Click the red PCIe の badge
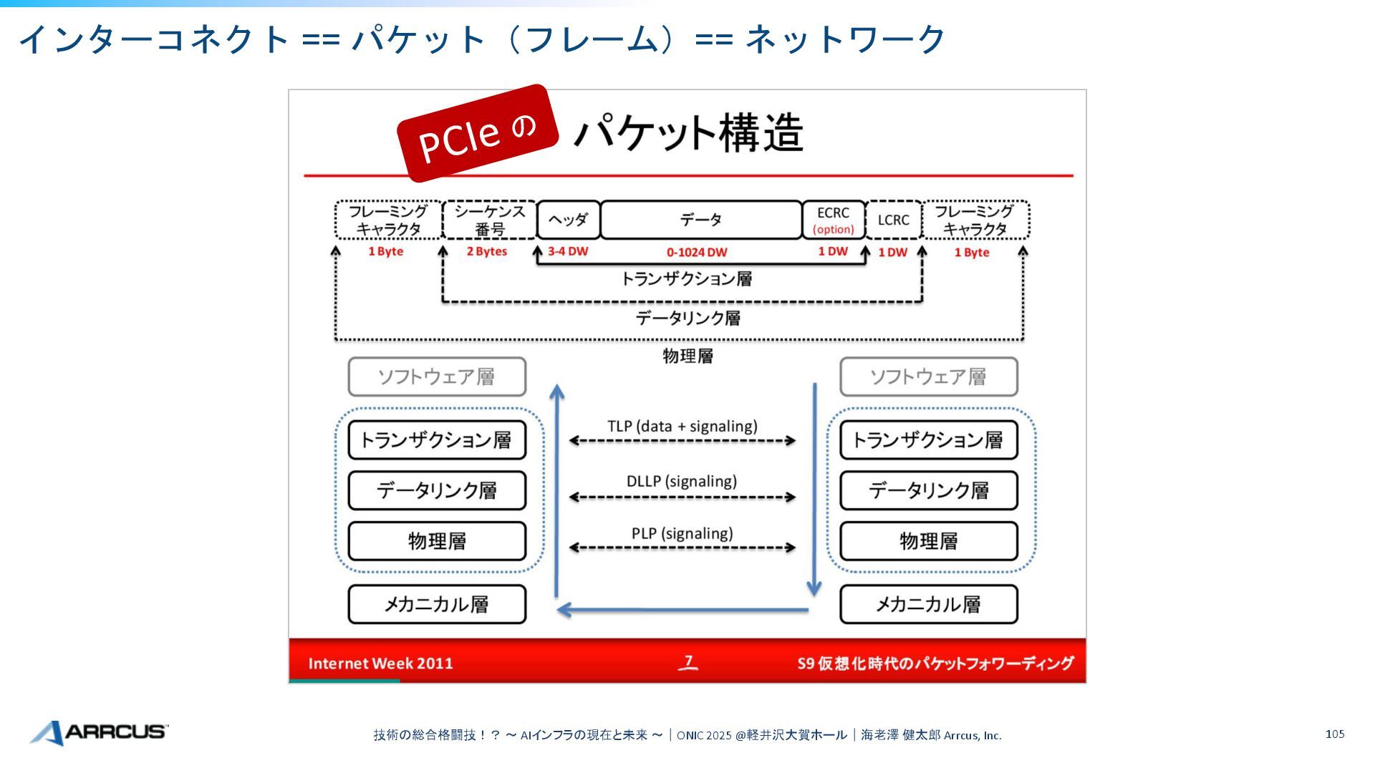coord(478,133)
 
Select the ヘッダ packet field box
coord(568,220)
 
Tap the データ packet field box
coord(700,220)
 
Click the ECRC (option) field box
coord(833,220)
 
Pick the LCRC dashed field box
coord(893,220)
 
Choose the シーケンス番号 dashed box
coord(490,220)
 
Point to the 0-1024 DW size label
coord(697,252)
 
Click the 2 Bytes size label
coord(487,251)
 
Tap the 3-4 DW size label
coord(568,251)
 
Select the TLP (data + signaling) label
coord(682,426)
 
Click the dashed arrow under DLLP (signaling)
coord(682,497)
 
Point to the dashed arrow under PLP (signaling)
coord(682,548)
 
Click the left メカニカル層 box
coord(437,604)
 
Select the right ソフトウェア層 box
coord(928,376)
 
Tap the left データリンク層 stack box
coord(437,490)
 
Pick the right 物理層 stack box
coord(928,541)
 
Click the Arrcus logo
coord(99,732)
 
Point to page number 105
coord(1335,734)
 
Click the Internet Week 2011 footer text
coord(380,663)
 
